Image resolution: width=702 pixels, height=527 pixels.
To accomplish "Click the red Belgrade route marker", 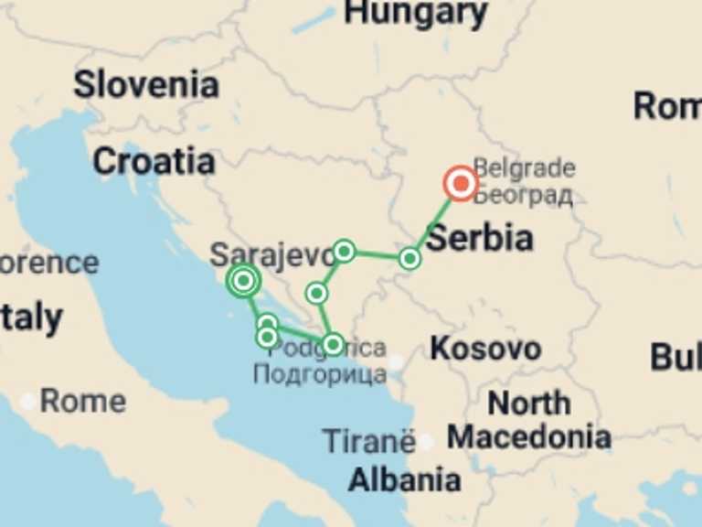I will (x=461, y=184).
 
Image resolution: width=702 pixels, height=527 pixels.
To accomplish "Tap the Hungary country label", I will (x=416, y=13).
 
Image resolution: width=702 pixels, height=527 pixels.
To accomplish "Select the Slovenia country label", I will (x=146, y=85).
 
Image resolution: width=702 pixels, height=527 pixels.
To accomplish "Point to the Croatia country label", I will (x=154, y=162).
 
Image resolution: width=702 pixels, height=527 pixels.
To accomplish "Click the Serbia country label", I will (x=480, y=238).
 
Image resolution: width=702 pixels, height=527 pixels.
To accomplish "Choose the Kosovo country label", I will (x=485, y=349).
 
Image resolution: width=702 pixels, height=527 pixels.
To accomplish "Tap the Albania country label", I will (x=404, y=479).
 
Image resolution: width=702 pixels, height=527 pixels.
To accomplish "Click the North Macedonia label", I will (x=529, y=420).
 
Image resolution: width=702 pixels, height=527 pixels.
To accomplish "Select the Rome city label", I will (x=82, y=401).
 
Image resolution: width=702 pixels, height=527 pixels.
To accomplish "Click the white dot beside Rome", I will (x=29, y=401).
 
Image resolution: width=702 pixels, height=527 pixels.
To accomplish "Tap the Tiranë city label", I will (x=368, y=442).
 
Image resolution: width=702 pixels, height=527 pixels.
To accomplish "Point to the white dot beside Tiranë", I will (x=425, y=442).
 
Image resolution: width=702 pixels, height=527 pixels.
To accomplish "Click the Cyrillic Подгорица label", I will (x=319, y=373).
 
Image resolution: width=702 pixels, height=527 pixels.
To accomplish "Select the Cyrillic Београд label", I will (x=524, y=195).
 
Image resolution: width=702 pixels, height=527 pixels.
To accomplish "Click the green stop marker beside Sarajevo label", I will (x=344, y=250).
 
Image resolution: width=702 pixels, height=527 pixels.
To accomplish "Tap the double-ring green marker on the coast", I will (x=243, y=281).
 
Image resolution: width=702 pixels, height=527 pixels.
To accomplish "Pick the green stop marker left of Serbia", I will (x=409, y=259).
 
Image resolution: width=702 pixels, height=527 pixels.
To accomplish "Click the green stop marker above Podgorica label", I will (x=333, y=344).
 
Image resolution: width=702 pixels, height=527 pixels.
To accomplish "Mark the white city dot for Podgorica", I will (x=395, y=362).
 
